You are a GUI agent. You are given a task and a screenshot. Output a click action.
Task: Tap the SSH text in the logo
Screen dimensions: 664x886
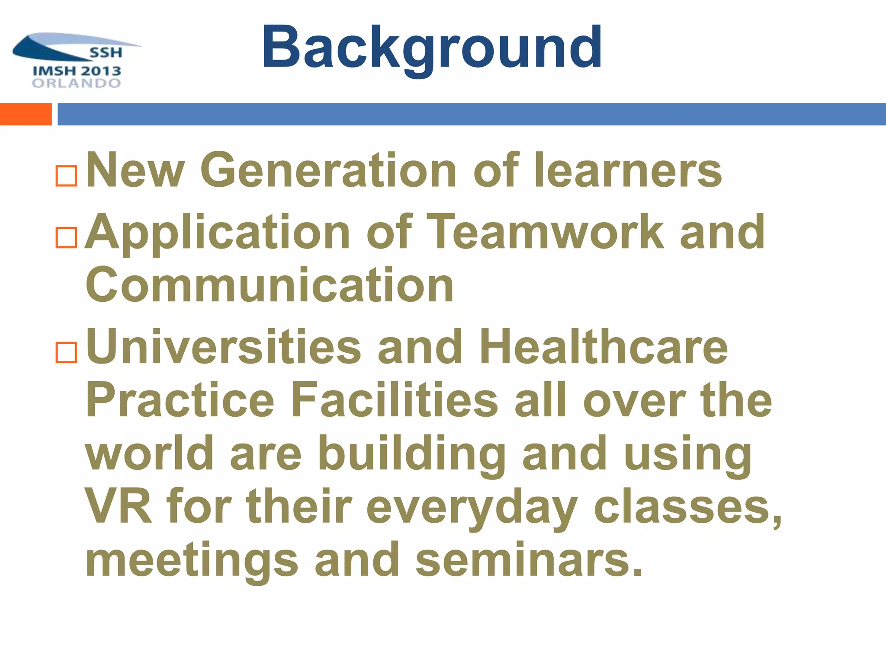coord(106,53)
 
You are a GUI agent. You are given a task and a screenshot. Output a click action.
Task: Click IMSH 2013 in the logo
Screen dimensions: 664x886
coord(77,71)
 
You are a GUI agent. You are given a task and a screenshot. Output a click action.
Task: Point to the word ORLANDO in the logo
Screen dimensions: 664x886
coord(77,83)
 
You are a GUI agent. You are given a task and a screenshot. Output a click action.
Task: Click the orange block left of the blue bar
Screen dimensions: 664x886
coord(26,115)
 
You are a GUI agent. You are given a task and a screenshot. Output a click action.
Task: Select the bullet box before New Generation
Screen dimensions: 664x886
coord(66,176)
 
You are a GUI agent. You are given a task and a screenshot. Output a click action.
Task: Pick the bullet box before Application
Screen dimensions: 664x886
coord(66,237)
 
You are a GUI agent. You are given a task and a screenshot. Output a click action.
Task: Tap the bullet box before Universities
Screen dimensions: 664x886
coord(66,352)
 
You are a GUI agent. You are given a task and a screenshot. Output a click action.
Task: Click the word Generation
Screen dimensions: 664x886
coord(328,170)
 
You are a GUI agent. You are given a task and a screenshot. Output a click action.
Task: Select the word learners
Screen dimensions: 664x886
coord(628,170)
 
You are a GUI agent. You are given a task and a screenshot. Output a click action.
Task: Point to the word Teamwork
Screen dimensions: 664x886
coord(547,232)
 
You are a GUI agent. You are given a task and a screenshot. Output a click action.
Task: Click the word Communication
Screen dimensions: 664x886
coord(270,285)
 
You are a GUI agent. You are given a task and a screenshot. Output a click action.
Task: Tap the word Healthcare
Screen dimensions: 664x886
coord(604,347)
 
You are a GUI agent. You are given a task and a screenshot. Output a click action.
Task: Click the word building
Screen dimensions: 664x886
coord(411,454)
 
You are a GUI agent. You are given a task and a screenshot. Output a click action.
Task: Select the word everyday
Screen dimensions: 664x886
coord(472,508)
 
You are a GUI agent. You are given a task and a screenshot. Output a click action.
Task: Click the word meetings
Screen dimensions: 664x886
coord(192,561)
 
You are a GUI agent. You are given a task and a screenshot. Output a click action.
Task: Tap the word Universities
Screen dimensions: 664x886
coord(224,347)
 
